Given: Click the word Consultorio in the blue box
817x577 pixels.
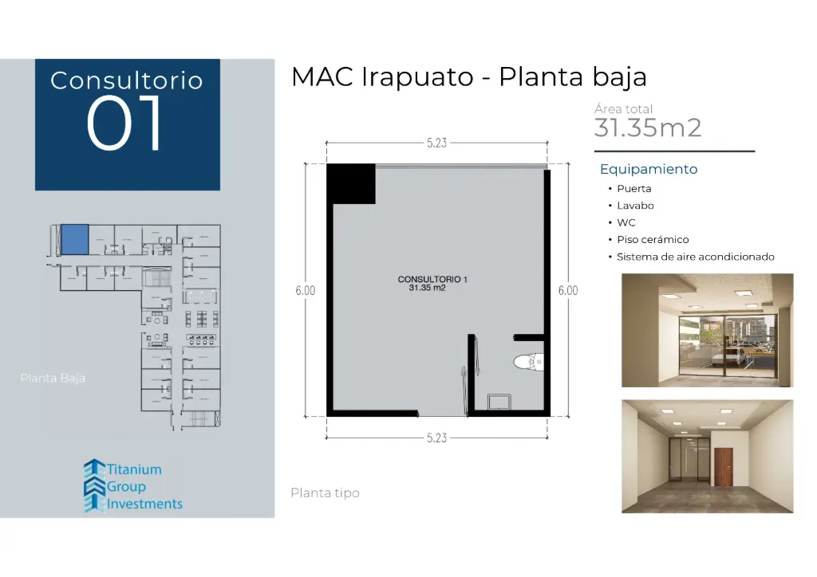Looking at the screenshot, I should click(x=126, y=80).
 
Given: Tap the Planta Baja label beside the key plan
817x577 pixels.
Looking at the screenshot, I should click(x=53, y=378).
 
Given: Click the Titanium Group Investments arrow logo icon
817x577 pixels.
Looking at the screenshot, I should click(x=94, y=485).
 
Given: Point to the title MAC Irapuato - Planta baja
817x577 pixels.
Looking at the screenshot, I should click(x=468, y=77).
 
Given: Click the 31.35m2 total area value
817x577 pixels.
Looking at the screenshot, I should click(x=647, y=128).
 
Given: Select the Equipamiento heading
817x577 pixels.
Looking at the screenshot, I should click(x=648, y=169).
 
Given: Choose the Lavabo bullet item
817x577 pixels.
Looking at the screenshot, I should click(x=635, y=206).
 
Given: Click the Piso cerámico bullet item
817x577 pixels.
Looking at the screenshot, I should click(x=653, y=239).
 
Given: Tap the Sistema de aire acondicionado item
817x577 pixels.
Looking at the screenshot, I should click(x=696, y=257).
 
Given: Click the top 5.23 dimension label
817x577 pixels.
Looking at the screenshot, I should click(x=436, y=143).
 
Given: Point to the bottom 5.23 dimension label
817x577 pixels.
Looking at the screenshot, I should click(x=436, y=438).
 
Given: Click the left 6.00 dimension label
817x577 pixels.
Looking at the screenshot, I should click(x=305, y=291).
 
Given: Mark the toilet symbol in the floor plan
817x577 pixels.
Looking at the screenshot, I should click(x=527, y=363).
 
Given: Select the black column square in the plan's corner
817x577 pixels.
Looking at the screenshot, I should click(x=350, y=183).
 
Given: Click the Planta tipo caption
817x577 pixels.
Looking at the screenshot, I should click(x=325, y=493).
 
